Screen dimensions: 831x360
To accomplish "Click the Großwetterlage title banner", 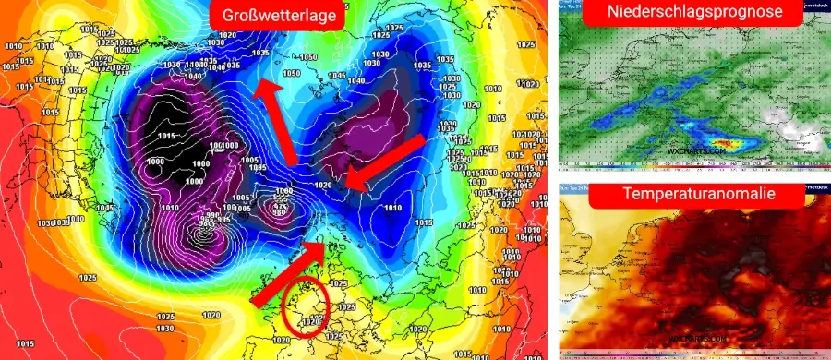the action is [x=276, y=16].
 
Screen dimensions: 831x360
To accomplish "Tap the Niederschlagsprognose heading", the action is [x=692, y=13].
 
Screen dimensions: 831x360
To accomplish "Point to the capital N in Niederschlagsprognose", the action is [x=614, y=13].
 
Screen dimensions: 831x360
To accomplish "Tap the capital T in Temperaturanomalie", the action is [x=628, y=195].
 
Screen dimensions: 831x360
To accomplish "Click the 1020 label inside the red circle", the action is [x=306, y=322].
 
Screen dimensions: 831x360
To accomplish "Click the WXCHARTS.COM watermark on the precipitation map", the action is [x=693, y=149].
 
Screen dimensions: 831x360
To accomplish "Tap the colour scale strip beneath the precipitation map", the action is [x=692, y=168].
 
